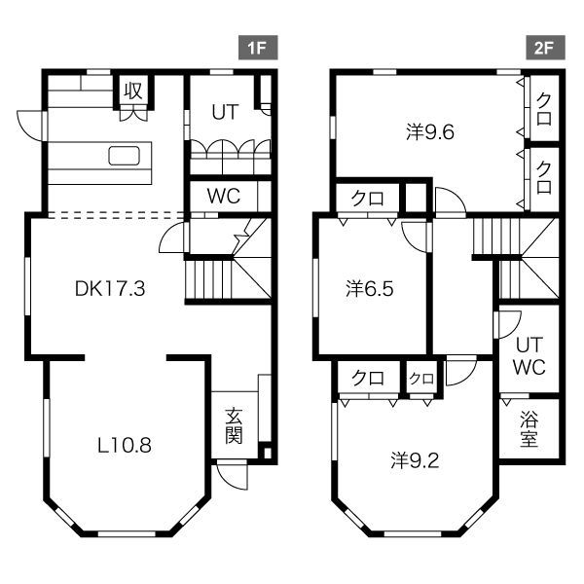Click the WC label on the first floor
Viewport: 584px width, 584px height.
pyautogui.click(x=224, y=196)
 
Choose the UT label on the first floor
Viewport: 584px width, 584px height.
pyautogui.click(x=227, y=111)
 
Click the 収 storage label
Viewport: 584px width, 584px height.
pyautogui.click(x=133, y=91)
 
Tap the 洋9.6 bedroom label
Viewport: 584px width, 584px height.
pyautogui.click(x=430, y=132)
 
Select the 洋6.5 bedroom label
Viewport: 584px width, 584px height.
pyautogui.click(x=371, y=289)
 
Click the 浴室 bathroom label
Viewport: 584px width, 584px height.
pyautogui.click(x=529, y=429)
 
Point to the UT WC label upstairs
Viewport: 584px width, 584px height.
pyautogui.click(x=529, y=355)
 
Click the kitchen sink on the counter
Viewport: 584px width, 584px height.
pyautogui.click(x=127, y=157)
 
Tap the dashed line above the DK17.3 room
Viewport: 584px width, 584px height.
pyautogui.click(x=107, y=214)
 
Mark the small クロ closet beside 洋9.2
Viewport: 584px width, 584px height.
pyautogui.click(x=420, y=378)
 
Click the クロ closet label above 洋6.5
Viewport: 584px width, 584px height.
pyautogui.click(x=367, y=200)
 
